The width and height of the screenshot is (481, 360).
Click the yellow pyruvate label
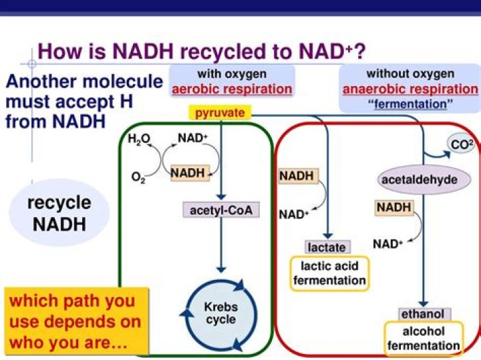(x=220, y=113)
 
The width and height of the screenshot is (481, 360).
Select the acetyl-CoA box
(x=220, y=210)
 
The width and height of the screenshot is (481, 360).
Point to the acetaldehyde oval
(x=419, y=180)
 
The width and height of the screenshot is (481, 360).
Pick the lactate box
(x=327, y=247)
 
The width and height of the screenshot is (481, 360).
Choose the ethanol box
(x=422, y=314)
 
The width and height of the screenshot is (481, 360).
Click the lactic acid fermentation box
(x=329, y=273)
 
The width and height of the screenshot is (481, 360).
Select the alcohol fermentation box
(x=424, y=338)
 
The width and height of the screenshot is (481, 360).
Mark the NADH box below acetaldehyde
(x=393, y=208)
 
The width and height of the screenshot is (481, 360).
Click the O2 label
(x=138, y=179)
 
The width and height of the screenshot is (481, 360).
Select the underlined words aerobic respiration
(x=232, y=89)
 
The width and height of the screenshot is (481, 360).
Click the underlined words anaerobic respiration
(x=410, y=89)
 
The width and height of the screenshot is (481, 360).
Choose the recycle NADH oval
(x=59, y=213)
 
